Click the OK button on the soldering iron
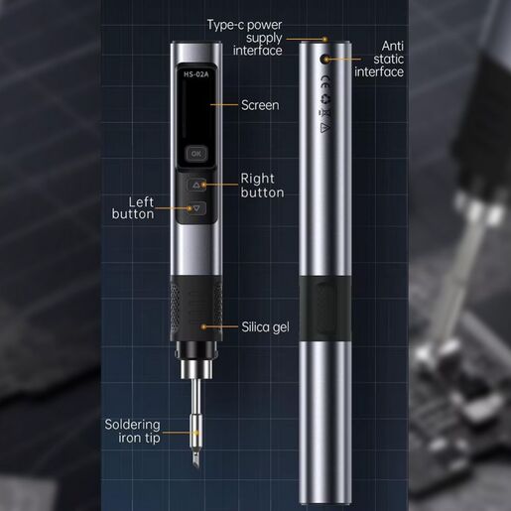pyautogui.click(x=195, y=154)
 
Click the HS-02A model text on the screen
pyautogui.click(x=194, y=72)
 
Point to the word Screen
pyautogui.click(x=260, y=104)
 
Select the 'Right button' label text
pyautogui.click(x=262, y=186)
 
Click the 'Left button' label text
pyautogui.click(x=133, y=207)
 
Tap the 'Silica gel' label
pyautogui.click(x=265, y=325)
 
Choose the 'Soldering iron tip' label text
pyautogui.click(x=132, y=431)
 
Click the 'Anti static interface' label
pyautogui.click(x=379, y=59)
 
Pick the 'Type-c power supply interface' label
pyautogui.click(x=244, y=38)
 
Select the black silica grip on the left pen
pyautogui.click(x=195, y=309)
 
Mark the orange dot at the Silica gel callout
pyautogui.click(x=204, y=325)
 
